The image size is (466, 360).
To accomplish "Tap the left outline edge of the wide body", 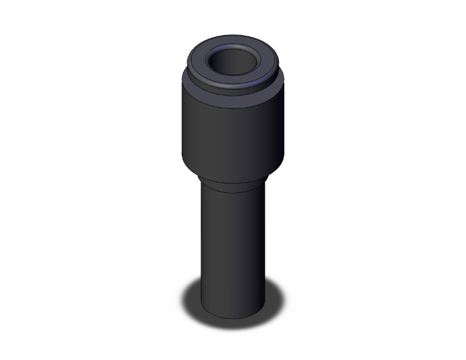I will point(182,131).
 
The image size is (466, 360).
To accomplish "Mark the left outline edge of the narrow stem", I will point(201,250).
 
